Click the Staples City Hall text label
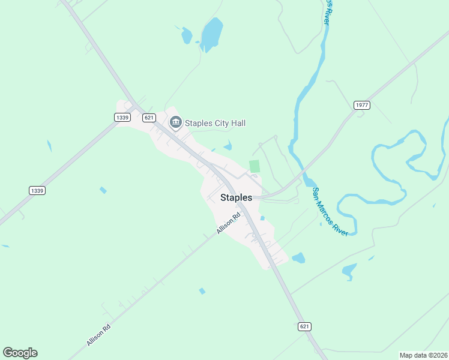tap(215, 123)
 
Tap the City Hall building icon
tap(176, 123)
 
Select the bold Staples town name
tap(236, 197)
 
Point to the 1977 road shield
tap(362, 105)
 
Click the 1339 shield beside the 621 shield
tap(122, 118)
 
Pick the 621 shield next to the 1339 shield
tap(150, 118)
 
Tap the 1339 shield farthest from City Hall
tap(37, 190)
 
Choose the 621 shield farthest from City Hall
tap(304, 326)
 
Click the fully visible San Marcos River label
tap(330, 211)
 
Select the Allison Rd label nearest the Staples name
tap(229, 223)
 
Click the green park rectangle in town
tap(255, 166)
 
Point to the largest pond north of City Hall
tap(211, 34)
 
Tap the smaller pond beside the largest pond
tap(187, 35)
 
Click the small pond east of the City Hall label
tap(228, 145)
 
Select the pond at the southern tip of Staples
tap(298, 258)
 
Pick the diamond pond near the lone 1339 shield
tap(103, 190)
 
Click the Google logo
tap(20, 353)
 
